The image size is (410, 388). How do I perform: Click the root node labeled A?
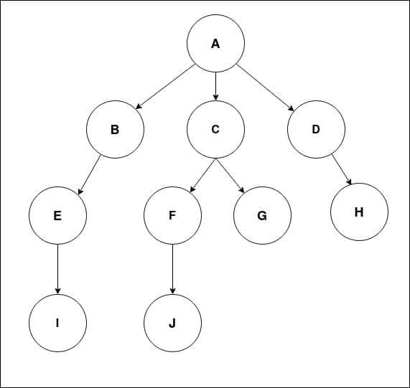click(215, 43)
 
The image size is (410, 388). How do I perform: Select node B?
click(115, 129)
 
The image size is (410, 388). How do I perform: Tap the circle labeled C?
click(215, 129)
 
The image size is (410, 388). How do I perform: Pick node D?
click(316, 129)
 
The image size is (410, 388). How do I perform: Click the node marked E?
click(57, 215)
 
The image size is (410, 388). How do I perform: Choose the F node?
click(172, 215)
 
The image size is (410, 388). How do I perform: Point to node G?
click(262, 215)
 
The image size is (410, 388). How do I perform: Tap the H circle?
click(359, 212)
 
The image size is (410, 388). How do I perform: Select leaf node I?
click(57, 323)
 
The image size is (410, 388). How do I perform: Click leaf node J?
click(172, 323)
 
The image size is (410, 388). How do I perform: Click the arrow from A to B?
click(165, 87)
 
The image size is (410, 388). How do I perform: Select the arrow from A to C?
click(215, 87)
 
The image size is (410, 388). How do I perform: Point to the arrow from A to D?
click(265, 87)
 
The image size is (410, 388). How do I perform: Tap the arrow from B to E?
click(90, 175)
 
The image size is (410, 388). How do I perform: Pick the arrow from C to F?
click(203, 176)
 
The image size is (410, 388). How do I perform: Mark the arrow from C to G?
click(230, 176)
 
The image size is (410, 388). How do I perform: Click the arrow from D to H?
click(342, 169)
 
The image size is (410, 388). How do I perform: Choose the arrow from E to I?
click(57, 269)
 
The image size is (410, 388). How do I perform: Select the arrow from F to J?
click(172, 269)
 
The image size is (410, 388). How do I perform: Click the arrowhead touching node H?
click(349, 181)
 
